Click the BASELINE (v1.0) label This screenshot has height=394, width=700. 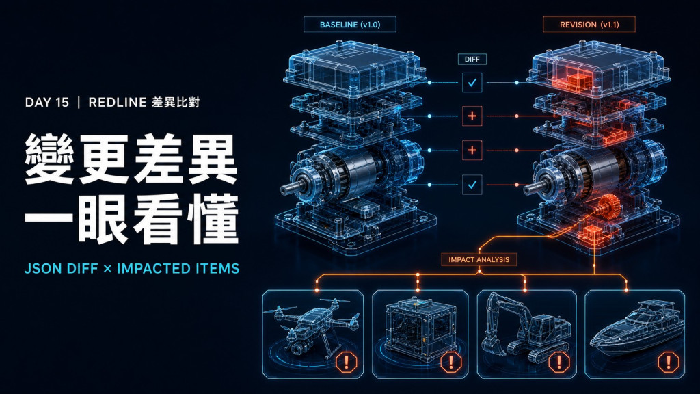tap(350, 25)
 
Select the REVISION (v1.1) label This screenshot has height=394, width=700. tap(589, 25)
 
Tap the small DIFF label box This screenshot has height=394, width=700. tap(472, 59)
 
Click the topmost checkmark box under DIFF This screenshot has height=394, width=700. tap(472, 83)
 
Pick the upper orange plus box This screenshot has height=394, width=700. tap(472, 116)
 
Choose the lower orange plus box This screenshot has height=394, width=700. tap(472, 150)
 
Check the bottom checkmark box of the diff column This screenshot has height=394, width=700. tap(472, 185)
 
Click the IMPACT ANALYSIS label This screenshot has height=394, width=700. tap(479, 259)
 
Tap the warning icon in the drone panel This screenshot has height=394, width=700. tap(347, 362)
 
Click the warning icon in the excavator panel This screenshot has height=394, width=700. tap(559, 362)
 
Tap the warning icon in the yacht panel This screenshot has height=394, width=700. tap(669, 362)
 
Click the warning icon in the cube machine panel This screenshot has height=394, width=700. tap(451, 362)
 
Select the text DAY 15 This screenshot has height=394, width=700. tap(47, 103)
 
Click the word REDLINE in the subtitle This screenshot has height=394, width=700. tap(118, 103)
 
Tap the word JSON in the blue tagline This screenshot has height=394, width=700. tap(43, 268)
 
